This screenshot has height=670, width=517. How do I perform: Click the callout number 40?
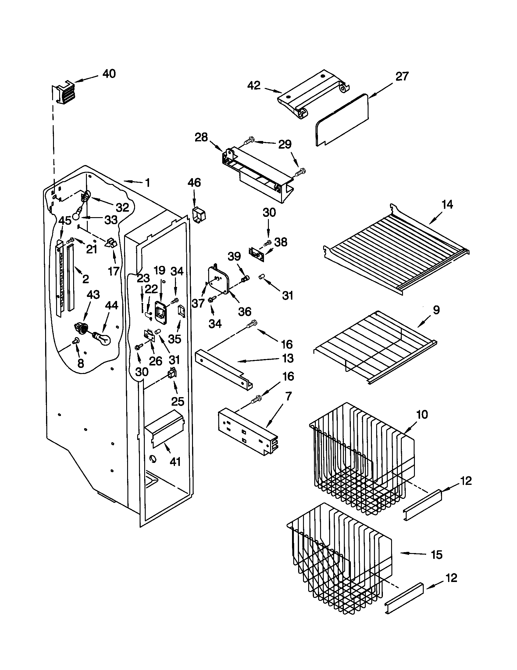tap(109, 74)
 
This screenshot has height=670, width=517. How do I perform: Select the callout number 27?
tap(402, 76)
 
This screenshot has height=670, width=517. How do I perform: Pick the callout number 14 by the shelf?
tap(447, 204)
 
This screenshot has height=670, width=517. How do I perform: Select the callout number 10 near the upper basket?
tap(422, 414)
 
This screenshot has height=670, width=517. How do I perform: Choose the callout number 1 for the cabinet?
tap(148, 183)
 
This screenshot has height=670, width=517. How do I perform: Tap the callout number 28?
tap(201, 137)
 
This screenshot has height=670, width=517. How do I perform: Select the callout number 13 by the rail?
tap(287, 358)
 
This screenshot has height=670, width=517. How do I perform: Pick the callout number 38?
tap(281, 242)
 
